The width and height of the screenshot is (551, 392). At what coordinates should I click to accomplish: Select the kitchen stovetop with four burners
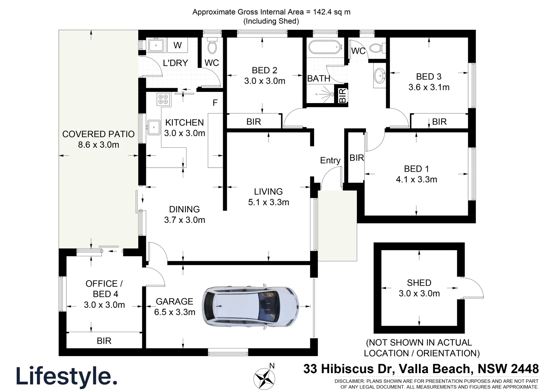coord(163,99)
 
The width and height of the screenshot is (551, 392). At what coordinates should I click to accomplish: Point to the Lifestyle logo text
coord(66,376)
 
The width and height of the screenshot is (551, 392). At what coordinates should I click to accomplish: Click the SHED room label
coord(419,283)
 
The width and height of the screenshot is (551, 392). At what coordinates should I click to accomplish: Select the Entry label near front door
coord(330,160)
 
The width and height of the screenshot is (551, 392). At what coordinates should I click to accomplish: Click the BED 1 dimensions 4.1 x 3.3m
coord(416,179)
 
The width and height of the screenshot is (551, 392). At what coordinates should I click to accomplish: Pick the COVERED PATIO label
coord(98,134)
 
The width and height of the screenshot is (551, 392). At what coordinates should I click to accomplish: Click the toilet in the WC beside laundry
coord(212,46)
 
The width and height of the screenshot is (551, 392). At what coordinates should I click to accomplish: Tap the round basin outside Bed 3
coord(380,75)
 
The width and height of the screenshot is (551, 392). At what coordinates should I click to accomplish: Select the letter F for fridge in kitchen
coord(215,103)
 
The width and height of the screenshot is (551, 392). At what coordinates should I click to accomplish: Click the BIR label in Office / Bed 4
coord(104,341)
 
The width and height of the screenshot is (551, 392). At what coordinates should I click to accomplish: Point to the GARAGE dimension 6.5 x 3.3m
coord(175,312)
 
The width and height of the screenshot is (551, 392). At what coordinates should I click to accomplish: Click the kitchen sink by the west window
coord(154,127)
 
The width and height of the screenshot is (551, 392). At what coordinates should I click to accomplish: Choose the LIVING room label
coord(268,192)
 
